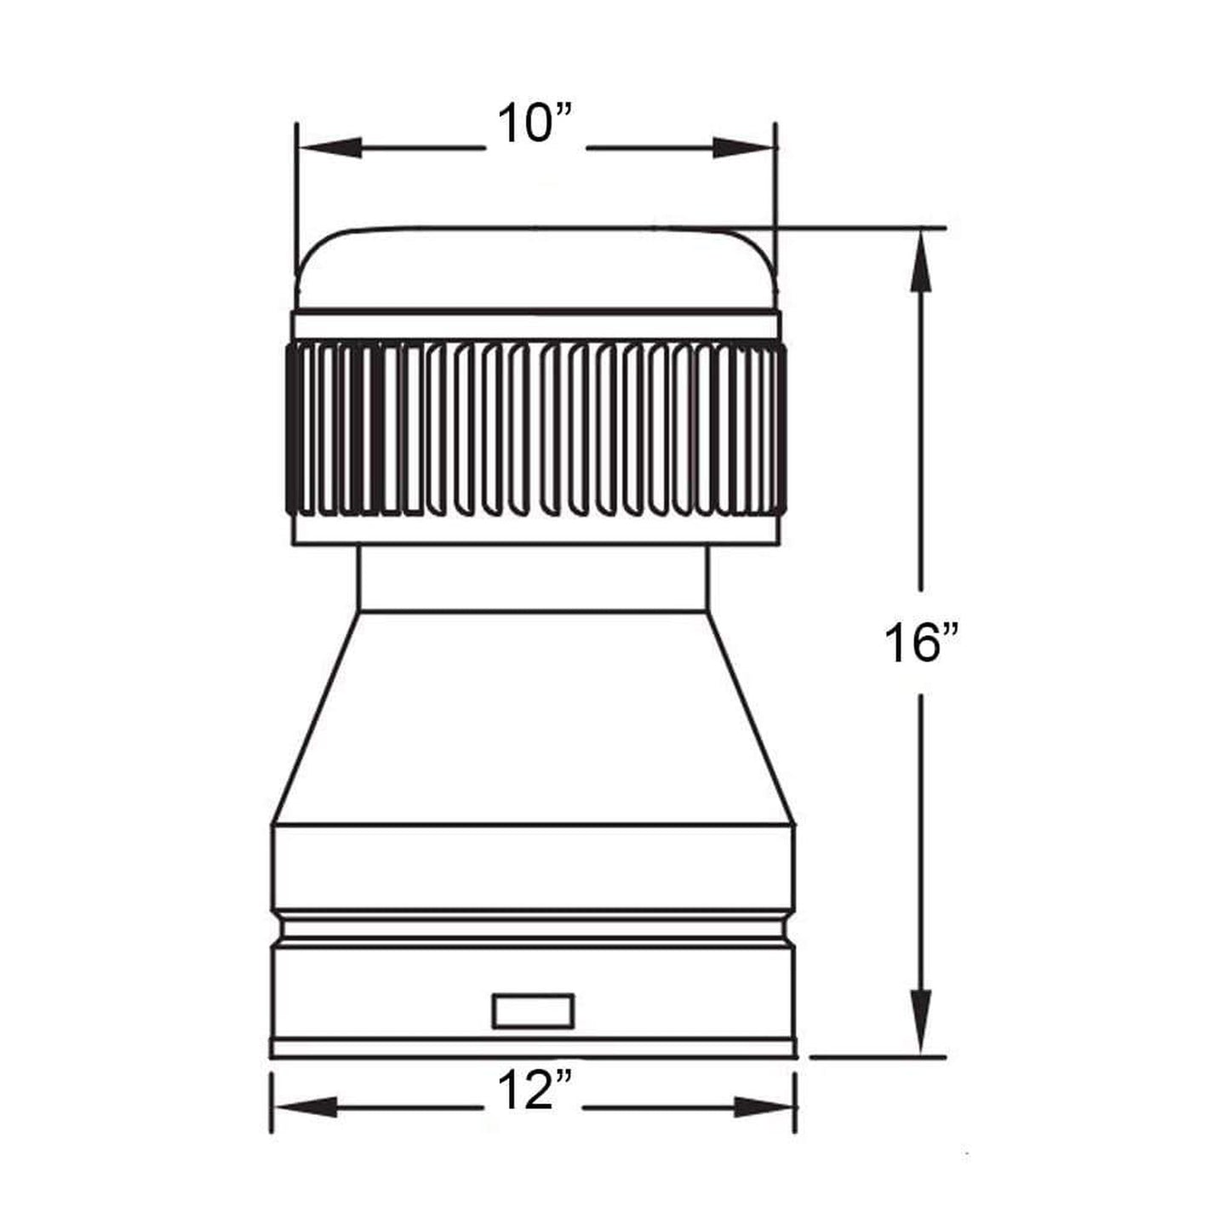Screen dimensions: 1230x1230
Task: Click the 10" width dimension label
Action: click(536, 124)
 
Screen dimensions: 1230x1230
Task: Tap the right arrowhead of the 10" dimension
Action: click(743, 148)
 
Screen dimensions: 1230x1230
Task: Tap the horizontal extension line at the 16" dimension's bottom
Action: click(877, 1058)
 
